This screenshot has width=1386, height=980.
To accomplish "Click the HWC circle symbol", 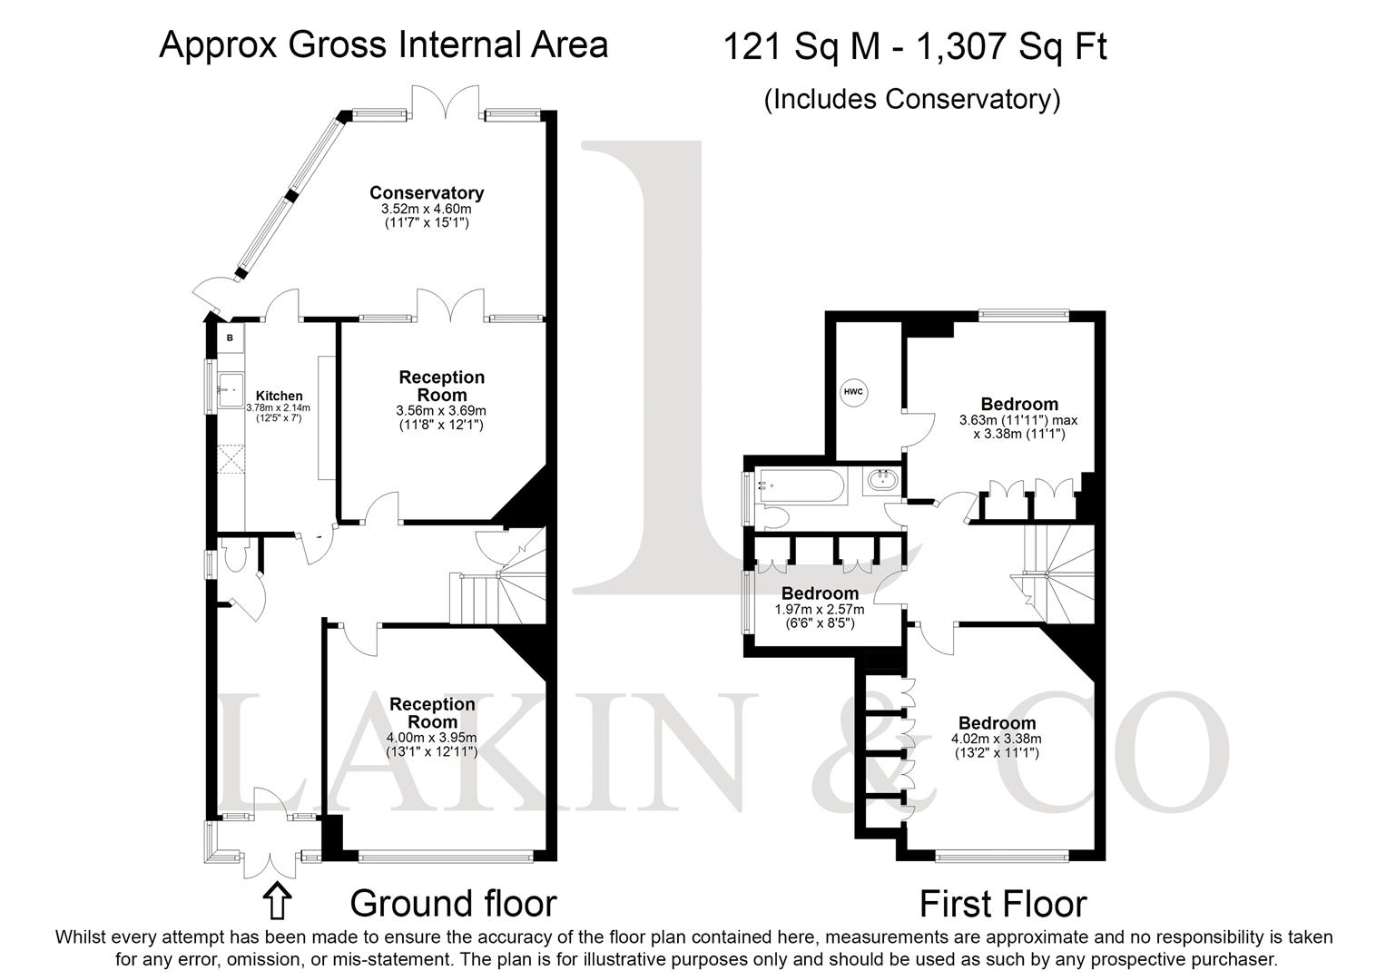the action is pos(853,392).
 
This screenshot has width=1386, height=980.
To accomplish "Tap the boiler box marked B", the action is pos(231,338).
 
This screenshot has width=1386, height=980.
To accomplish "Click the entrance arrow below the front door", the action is pos(277,901).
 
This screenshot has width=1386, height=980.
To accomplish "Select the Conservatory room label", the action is pos(427,192).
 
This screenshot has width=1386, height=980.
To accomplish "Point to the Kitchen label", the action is pos(279,396).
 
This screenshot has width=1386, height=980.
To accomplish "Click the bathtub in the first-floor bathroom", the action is pos(801,485).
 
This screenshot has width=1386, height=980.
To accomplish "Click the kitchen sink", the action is pos(231,389).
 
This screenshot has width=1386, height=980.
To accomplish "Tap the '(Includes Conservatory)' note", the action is pos(912,99).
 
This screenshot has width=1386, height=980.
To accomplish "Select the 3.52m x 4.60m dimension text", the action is pos(427,209).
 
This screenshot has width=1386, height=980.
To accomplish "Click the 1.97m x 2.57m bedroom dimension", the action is pos(820,609).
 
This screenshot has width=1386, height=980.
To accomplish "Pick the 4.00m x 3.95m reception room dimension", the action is pos(431,738).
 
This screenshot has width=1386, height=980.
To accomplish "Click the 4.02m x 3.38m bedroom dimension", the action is pos(997,738).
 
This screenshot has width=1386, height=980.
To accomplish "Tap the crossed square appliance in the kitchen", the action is pos(231,459).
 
